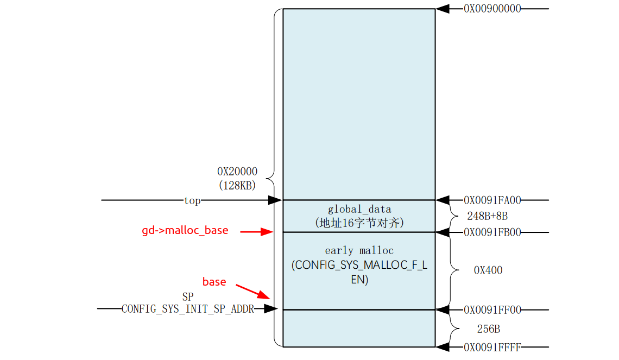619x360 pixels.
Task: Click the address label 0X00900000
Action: (492, 9)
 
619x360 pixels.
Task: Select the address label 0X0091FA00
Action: (492, 200)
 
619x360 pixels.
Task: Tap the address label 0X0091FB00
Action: (492, 232)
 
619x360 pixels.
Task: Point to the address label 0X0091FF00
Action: (492, 310)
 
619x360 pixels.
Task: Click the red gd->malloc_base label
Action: (185, 231)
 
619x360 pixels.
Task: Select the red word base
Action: (214, 282)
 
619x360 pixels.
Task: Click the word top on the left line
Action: (192, 201)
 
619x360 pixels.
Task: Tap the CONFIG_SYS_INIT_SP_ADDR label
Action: (187, 310)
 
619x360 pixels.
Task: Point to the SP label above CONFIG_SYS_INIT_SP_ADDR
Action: (188, 298)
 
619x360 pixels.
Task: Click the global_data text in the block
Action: (359, 209)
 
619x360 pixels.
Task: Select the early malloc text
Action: (359, 251)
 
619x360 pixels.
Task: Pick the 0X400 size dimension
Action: (488, 270)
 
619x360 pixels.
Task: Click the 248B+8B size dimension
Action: (487, 216)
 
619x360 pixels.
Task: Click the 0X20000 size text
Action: (237, 172)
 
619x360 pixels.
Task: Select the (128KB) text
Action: (237, 185)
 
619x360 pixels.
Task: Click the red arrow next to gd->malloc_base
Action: (256, 232)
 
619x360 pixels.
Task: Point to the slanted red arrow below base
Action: (252, 291)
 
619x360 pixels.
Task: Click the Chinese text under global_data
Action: (359, 223)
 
